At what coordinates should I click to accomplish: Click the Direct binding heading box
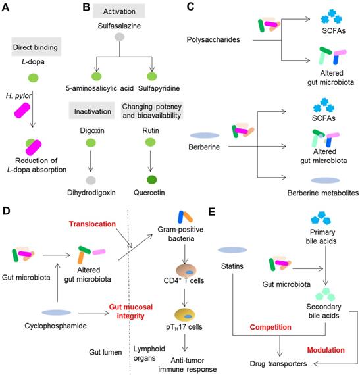click(x=36, y=47)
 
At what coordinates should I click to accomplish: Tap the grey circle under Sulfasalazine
click(x=120, y=37)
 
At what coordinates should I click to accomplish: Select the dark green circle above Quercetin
click(x=151, y=180)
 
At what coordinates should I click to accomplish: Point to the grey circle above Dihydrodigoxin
click(x=91, y=180)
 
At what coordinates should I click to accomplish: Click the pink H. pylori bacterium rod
click(x=22, y=111)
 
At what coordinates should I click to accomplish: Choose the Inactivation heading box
click(x=92, y=111)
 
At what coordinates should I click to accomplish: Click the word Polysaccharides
click(x=213, y=39)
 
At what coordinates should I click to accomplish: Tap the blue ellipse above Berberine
click(x=205, y=136)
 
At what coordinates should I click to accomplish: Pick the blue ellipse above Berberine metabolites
click(x=325, y=180)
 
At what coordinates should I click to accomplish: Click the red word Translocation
click(x=92, y=224)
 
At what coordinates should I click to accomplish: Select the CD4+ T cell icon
click(x=186, y=270)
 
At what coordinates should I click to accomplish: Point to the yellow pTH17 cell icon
click(x=185, y=315)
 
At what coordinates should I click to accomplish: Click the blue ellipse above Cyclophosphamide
click(x=57, y=312)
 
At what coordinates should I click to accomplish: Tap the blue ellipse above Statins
click(x=232, y=250)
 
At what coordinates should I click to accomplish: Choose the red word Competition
click(x=270, y=327)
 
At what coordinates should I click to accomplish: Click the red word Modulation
click(x=326, y=350)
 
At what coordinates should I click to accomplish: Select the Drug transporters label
click(x=278, y=364)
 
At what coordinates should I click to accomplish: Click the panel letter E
click(x=212, y=212)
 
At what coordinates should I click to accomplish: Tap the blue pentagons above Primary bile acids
click(x=321, y=218)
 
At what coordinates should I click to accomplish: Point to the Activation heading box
click(x=119, y=11)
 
